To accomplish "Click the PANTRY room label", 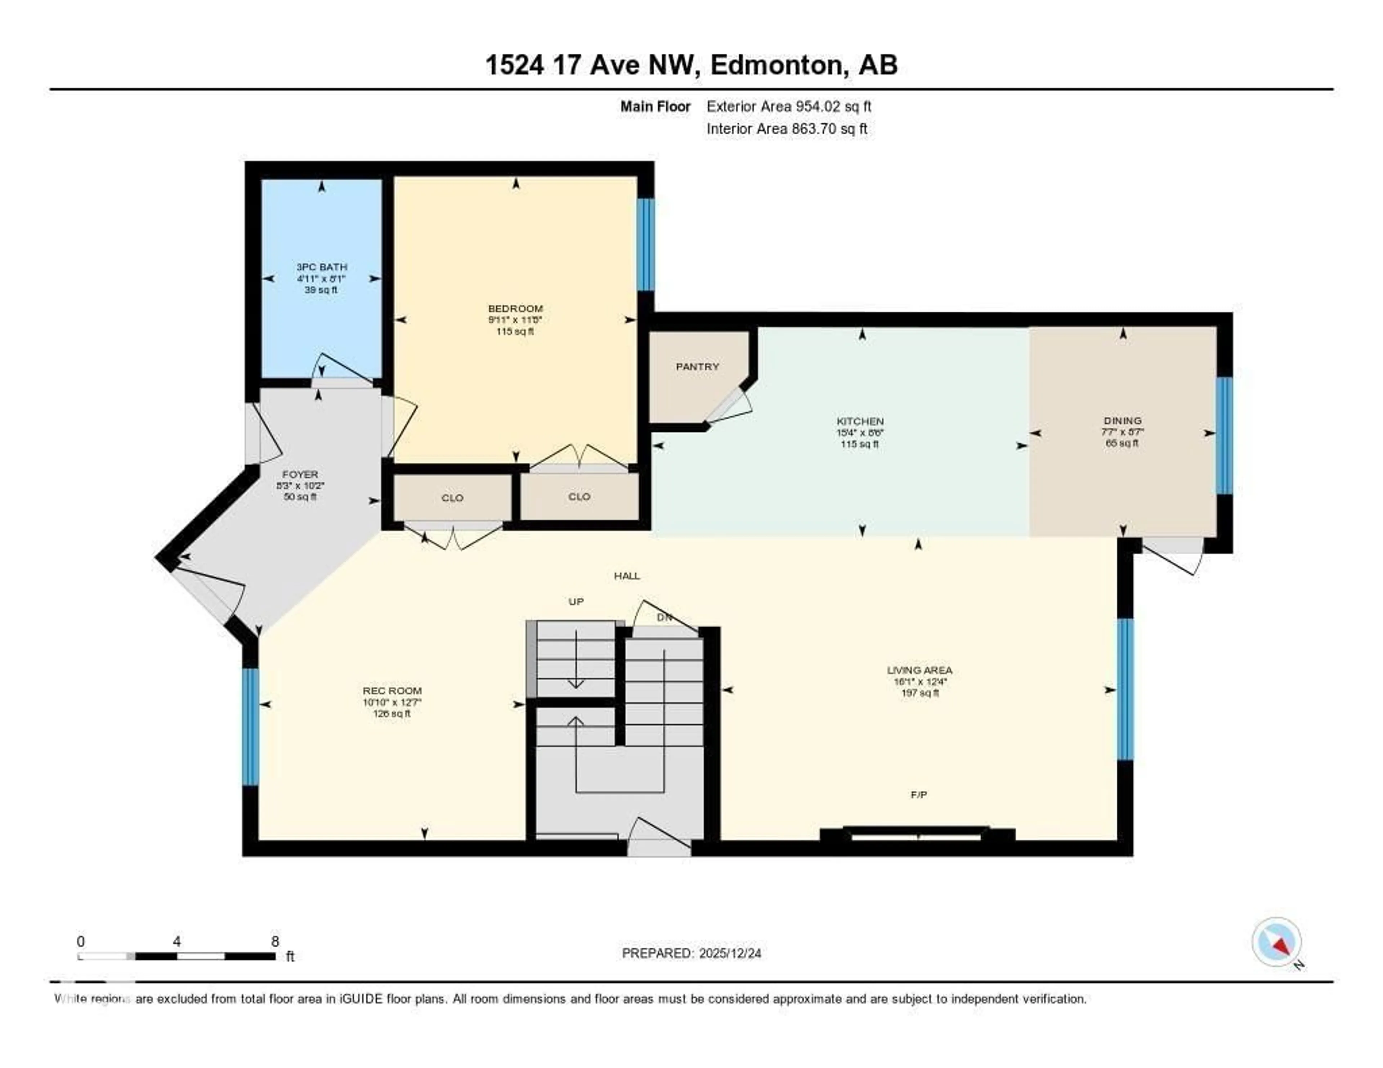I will (x=697, y=367).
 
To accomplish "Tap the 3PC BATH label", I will (x=322, y=267).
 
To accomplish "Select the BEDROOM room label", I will (x=515, y=308).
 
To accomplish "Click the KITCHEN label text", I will (x=860, y=421).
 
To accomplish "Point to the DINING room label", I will (x=1122, y=420).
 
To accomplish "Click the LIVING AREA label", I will (x=919, y=670).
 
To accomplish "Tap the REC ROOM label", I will (x=392, y=691).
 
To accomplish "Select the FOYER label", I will (x=300, y=474).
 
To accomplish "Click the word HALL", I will (x=627, y=575).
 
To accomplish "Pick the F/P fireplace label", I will (x=919, y=794).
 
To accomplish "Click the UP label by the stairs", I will (x=576, y=601).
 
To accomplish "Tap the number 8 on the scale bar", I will (x=275, y=941).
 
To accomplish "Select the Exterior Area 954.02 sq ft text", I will (x=788, y=106).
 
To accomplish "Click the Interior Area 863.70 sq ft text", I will (x=787, y=129).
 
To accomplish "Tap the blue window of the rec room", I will (x=251, y=727).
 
